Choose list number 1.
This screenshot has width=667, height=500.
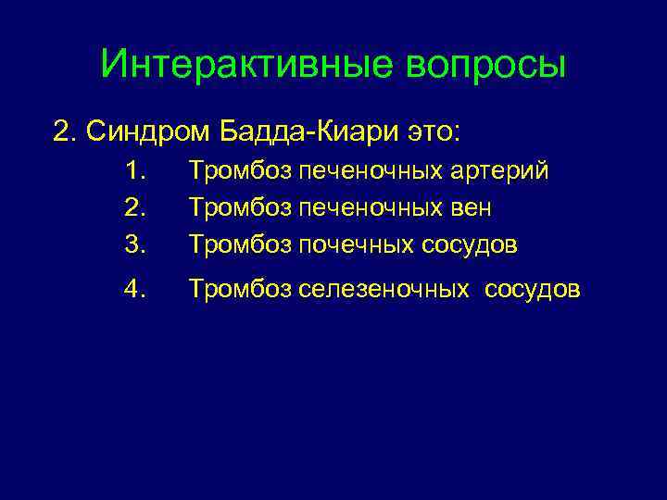pos(137,171)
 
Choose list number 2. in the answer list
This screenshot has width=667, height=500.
pos(137,208)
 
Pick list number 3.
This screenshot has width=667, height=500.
pos(137,245)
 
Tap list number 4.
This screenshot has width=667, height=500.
pos(137,290)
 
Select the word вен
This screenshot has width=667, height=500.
pos(472,208)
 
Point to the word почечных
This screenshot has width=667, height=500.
pos(356,245)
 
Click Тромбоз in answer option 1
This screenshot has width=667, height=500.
pos(239,171)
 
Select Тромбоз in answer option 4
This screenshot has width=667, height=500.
pos(239,290)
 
